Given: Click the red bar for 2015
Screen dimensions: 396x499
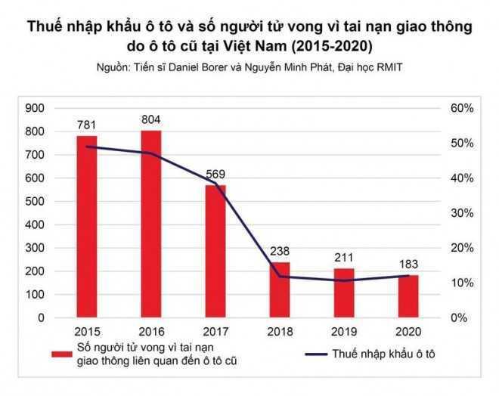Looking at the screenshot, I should (87, 227).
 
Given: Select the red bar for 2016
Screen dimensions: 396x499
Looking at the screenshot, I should (150, 224).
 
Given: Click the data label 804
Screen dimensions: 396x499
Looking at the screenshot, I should (150, 120).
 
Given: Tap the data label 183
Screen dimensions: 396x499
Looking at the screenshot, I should (408, 265).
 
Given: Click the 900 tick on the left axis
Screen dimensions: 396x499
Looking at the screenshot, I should (36, 109).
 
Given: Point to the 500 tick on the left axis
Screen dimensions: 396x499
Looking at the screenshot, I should (36, 202).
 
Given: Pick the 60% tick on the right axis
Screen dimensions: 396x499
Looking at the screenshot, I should (462, 109).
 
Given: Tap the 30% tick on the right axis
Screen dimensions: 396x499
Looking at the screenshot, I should (462, 213).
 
